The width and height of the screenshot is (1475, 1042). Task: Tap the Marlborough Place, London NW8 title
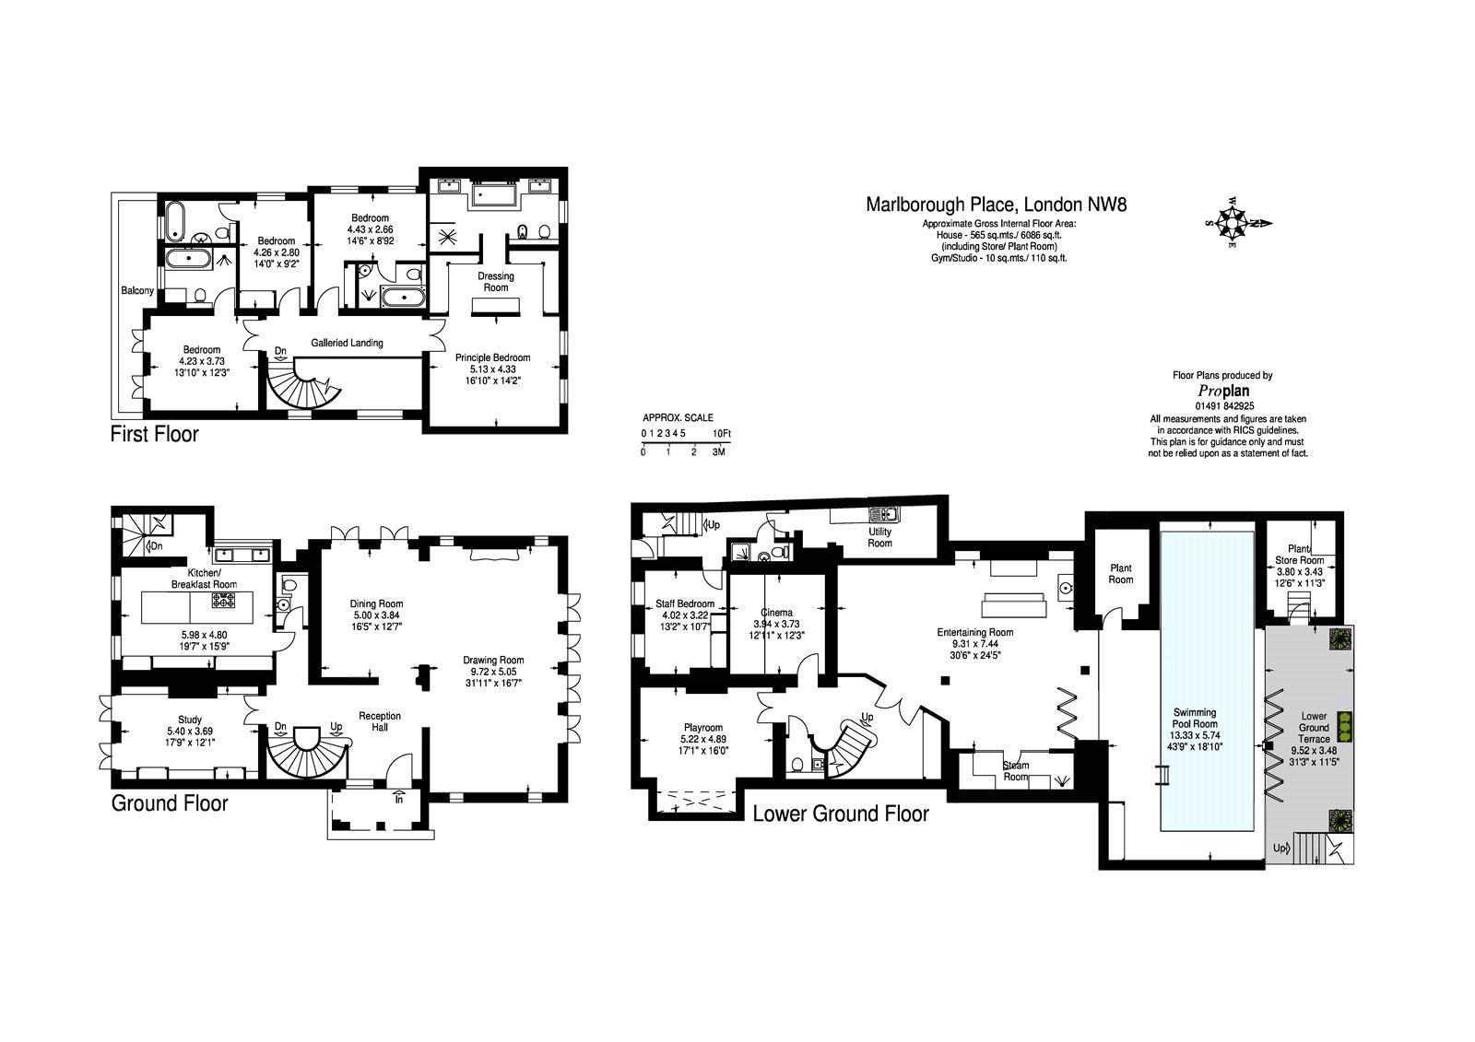point(996,205)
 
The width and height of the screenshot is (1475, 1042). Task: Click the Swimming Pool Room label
point(1194,718)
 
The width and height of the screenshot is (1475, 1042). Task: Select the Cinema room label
point(776,613)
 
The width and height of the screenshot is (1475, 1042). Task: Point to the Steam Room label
point(1015,771)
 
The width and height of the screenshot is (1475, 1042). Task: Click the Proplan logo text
point(1222,391)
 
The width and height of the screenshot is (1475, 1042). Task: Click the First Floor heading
point(154,434)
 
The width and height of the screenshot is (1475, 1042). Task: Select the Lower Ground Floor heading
point(840,814)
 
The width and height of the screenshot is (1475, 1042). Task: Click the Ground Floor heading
point(170,803)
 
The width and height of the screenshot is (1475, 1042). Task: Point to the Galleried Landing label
point(347,343)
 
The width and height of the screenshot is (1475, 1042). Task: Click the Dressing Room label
point(496,282)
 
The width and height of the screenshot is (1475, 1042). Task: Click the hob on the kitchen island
point(224,602)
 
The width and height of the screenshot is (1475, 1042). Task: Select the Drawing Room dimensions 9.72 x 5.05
point(493,672)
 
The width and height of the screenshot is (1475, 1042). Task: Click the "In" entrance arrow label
point(399,799)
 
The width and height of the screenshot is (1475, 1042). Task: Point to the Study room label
point(190,720)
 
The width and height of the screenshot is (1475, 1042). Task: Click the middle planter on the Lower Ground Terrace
point(1345,727)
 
